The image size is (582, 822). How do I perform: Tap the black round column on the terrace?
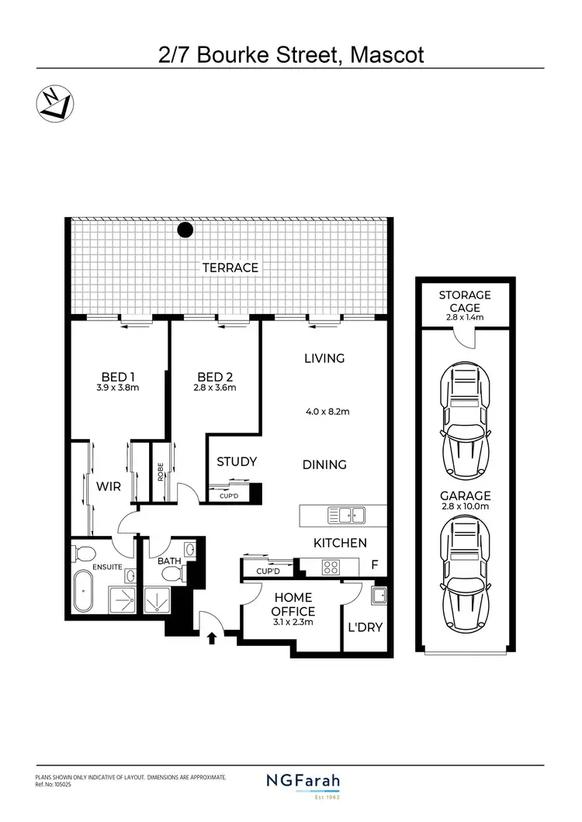click(185, 230)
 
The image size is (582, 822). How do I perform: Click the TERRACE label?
click(230, 268)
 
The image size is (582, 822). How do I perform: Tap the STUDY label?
click(236, 462)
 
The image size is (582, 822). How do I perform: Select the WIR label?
click(108, 486)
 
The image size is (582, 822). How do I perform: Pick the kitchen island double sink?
click(346, 515)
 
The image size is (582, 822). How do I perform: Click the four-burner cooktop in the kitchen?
click(331, 567)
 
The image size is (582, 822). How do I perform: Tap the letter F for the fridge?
click(374, 565)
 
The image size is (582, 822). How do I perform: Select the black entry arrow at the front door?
click(213, 637)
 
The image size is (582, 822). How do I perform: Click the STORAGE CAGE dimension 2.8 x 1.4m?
click(465, 318)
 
